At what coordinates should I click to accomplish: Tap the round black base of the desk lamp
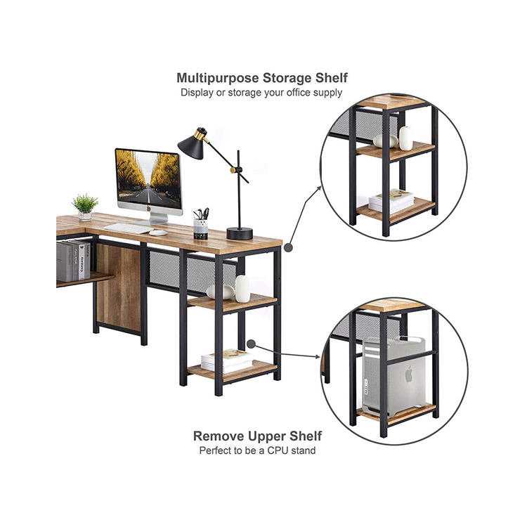click(x=240, y=233)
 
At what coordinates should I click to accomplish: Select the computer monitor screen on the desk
click(x=148, y=180)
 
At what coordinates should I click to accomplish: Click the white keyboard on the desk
click(x=129, y=228)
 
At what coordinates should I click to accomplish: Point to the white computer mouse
click(x=158, y=233)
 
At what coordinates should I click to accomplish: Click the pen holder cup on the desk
click(x=201, y=229)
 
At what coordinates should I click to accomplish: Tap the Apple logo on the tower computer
click(x=408, y=375)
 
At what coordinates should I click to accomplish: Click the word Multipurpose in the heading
click(x=218, y=78)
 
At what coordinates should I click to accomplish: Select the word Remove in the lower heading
click(x=219, y=436)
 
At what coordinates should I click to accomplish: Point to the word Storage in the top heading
click(x=287, y=78)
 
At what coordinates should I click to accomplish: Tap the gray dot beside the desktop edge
click(x=288, y=247)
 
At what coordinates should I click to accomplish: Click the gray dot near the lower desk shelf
click(x=251, y=344)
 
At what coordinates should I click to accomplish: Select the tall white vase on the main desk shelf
click(x=242, y=289)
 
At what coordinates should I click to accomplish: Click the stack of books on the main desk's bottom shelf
click(x=228, y=361)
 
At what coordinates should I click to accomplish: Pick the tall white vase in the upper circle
click(x=406, y=138)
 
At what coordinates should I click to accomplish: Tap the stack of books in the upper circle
click(x=391, y=201)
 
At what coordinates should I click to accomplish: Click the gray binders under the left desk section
click(x=73, y=261)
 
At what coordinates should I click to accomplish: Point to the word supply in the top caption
click(x=327, y=93)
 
